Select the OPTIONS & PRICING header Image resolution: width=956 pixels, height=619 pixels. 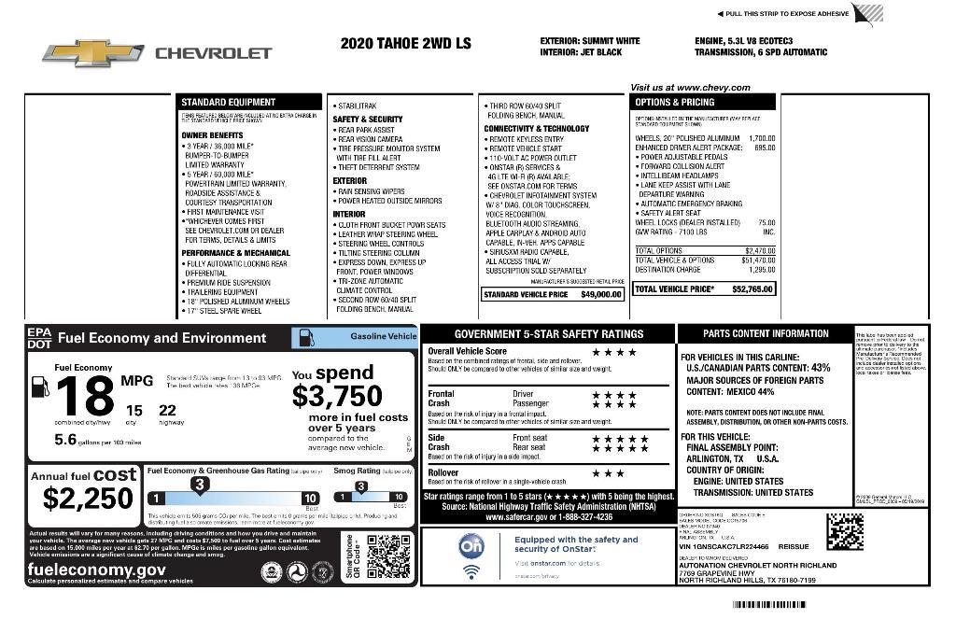click(702, 102)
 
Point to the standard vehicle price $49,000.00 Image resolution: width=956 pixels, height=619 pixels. click(600, 295)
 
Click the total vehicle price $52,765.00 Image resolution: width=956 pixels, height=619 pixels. click(752, 289)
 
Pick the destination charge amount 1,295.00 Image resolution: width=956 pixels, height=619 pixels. click(762, 270)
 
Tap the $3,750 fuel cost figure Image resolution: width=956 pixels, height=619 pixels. click(337, 396)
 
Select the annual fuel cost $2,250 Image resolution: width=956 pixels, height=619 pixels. click(89, 499)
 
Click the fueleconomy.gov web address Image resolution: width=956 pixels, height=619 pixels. click(97, 569)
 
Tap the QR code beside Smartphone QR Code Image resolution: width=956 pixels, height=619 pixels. click(388, 557)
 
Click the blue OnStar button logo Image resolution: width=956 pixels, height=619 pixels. click(472, 546)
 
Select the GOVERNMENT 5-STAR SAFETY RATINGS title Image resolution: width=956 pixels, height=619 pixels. click(548, 333)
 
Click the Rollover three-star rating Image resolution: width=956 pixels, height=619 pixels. click(609, 473)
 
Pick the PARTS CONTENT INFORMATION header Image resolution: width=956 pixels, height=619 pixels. click(766, 333)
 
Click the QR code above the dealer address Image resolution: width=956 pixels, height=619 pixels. click(845, 530)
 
